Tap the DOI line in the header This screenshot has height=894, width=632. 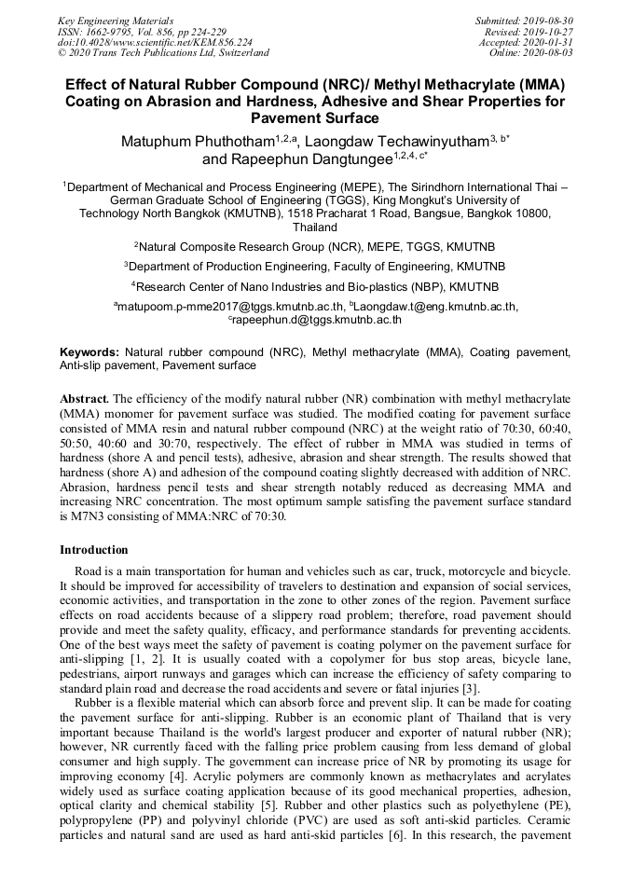coord(155,43)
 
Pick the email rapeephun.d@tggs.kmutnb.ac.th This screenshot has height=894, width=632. coord(318,320)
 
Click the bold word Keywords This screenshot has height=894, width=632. coord(89,352)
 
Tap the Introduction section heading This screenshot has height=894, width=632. coord(94,550)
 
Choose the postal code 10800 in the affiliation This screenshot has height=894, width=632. coord(540,213)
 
